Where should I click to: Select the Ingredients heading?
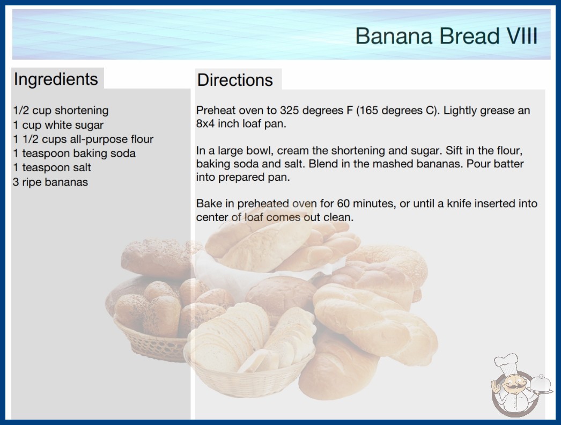click(x=56, y=79)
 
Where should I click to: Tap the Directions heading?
click(x=235, y=80)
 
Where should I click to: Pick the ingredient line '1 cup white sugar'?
click(x=58, y=125)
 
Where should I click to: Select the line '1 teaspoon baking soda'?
click(x=74, y=153)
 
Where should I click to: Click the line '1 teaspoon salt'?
click(x=52, y=167)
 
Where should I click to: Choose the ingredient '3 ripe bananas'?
click(x=50, y=182)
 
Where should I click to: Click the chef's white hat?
click(x=506, y=363)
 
